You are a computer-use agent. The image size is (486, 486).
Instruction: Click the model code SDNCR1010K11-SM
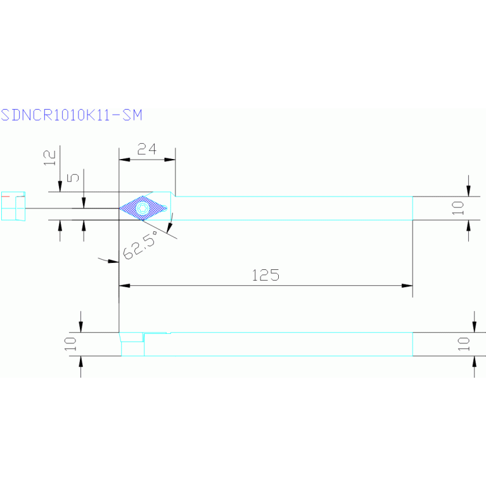(71, 115)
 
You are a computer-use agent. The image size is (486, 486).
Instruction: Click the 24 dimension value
(147, 149)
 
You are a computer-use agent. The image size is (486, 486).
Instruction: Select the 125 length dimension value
(266, 275)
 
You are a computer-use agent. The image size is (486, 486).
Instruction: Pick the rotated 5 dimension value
(74, 177)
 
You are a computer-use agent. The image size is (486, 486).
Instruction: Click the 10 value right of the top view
(459, 207)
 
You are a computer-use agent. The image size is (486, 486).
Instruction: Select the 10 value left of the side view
(70, 344)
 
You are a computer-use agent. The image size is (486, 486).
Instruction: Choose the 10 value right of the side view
(464, 344)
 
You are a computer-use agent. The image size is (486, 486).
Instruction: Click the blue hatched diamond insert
(144, 208)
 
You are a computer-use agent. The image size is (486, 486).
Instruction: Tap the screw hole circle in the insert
(143, 208)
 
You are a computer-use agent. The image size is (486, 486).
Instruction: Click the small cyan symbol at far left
(13, 206)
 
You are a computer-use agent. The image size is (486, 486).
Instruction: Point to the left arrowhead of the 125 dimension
(124, 286)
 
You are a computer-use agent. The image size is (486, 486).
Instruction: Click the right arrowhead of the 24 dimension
(170, 159)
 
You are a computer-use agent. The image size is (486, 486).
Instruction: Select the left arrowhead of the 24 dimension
(124, 159)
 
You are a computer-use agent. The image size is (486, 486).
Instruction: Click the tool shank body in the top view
(291, 208)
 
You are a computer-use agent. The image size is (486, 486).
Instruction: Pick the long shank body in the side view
(279, 344)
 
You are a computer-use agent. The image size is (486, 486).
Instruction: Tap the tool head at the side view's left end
(132, 344)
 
